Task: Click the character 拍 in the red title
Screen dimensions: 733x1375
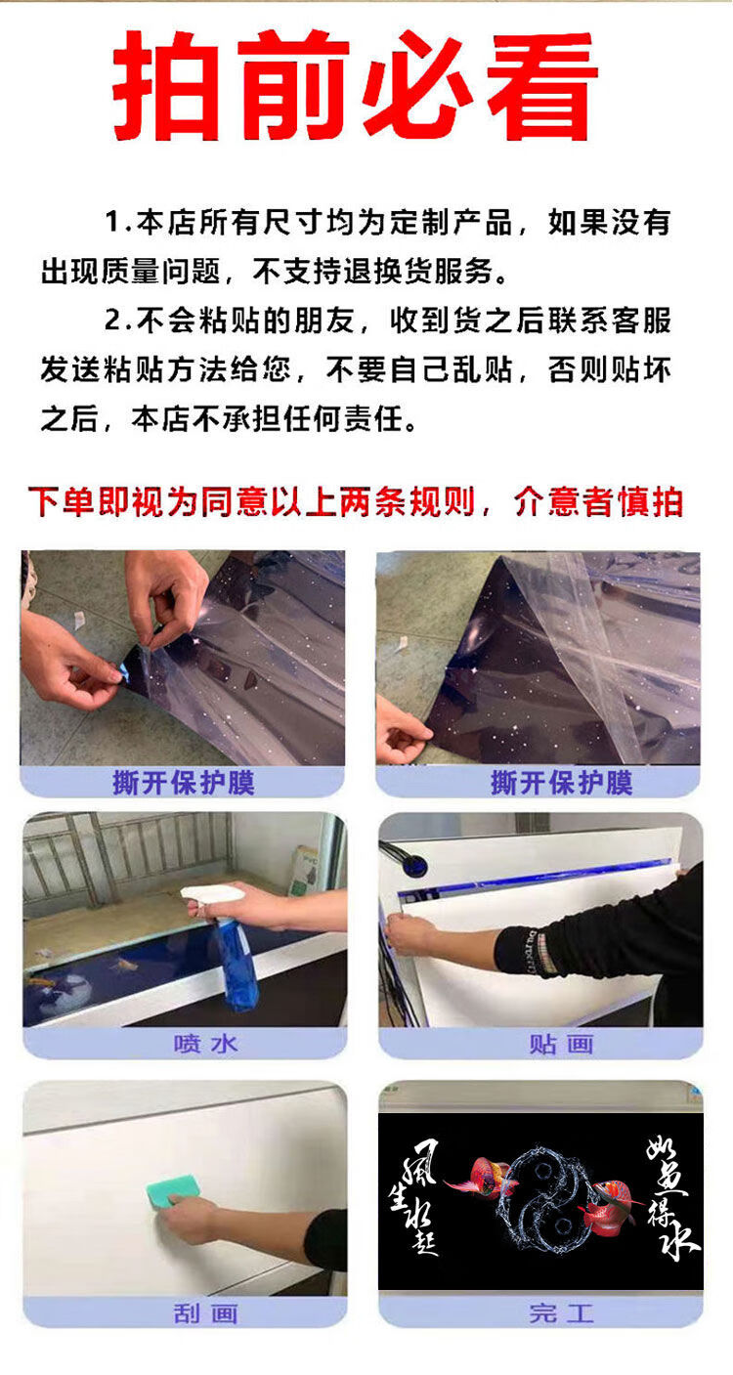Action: [x=166, y=85]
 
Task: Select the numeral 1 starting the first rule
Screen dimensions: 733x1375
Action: [x=112, y=222]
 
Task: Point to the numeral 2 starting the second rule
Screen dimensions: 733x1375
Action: [x=113, y=321]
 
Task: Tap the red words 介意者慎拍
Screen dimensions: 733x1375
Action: [x=598, y=502]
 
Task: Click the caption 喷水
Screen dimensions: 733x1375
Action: [x=205, y=1044]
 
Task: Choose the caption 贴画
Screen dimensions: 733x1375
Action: [x=562, y=1044]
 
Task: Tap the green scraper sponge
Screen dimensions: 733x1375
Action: [x=174, y=1191]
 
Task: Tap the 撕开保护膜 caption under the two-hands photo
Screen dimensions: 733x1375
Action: [x=183, y=783]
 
